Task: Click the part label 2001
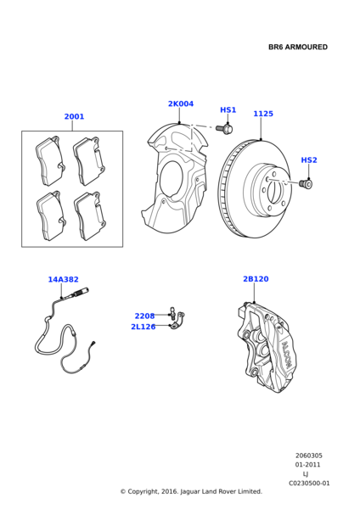[x=74, y=116]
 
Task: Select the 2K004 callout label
[x=181, y=103]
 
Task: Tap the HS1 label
[x=228, y=110]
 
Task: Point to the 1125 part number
[x=263, y=114]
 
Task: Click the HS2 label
[x=309, y=160]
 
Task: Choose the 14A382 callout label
[x=64, y=279]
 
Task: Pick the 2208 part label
[x=144, y=316]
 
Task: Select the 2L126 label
[x=143, y=327]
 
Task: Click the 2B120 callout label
[x=256, y=279]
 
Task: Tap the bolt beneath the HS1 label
[x=224, y=128]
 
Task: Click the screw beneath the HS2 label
[x=306, y=184]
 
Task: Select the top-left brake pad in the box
[x=50, y=161]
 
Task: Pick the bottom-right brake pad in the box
[x=90, y=215]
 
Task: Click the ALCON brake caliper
[x=267, y=347]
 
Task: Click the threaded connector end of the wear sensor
[x=82, y=292]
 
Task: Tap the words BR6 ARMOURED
[x=298, y=47]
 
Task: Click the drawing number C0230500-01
[x=309, y=484]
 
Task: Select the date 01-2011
[x=307, y=465]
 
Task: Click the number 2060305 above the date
[x=309, y=456]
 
